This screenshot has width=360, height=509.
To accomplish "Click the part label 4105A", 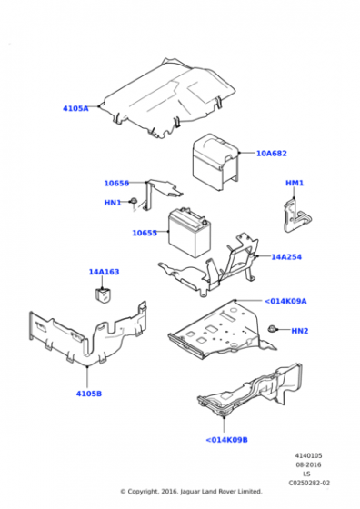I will [75, 108].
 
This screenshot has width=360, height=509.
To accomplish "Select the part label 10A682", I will [271, 154].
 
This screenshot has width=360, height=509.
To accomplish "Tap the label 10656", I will [116, 183].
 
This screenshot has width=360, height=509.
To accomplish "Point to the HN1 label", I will [112, 203].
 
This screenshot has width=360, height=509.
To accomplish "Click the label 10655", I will [145, 233].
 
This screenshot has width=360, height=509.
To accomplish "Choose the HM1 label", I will [295, 183].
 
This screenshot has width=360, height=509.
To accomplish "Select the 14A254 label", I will [285, 257].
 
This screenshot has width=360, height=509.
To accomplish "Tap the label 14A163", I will [103, 272].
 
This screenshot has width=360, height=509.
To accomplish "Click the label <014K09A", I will [285, 301].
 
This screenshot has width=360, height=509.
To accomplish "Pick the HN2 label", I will [300, 331].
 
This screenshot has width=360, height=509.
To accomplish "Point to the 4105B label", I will [88, 394].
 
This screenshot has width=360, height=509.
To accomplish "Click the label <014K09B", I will [226, 440].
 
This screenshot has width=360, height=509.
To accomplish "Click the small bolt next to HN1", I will [134, 201].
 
